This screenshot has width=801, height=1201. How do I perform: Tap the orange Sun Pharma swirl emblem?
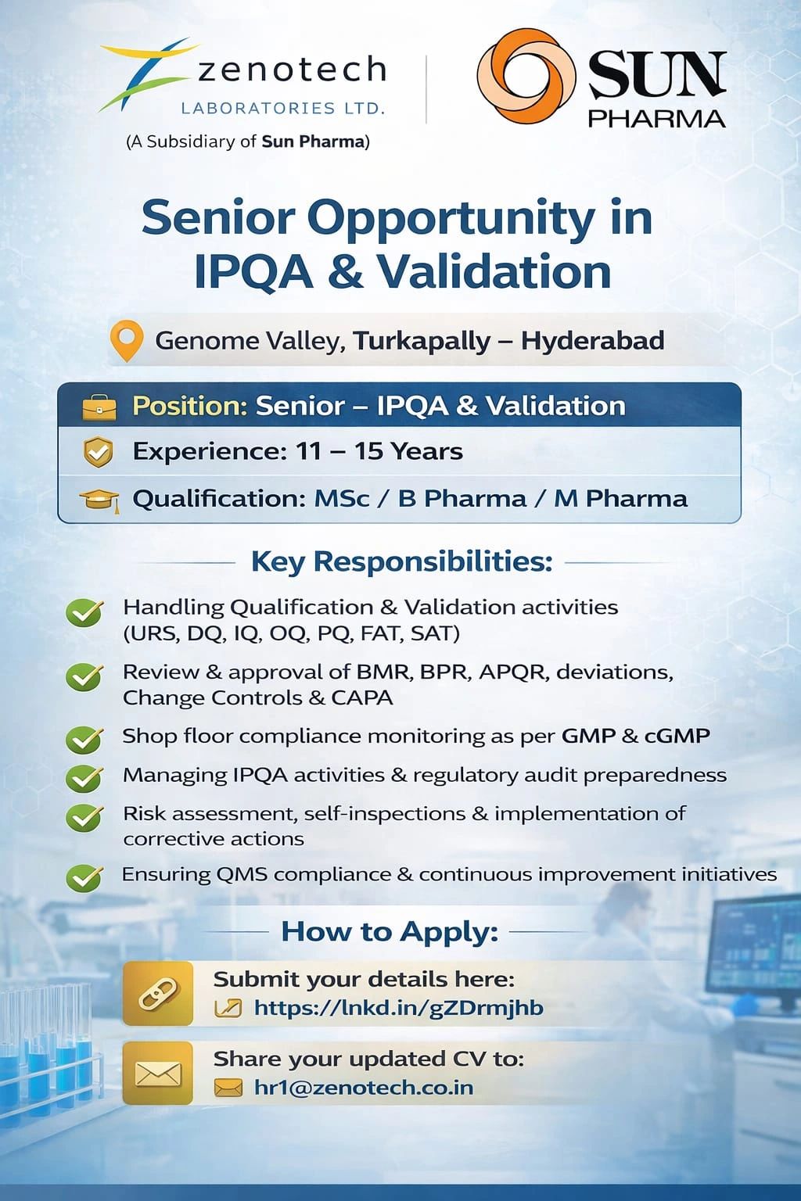(526, 76)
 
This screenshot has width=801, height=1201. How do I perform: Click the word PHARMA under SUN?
(657, 119)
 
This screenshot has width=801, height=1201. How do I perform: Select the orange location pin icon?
(126, 341)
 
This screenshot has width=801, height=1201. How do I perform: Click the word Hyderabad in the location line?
(593, 340)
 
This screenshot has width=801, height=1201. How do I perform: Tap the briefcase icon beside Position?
(99, 407)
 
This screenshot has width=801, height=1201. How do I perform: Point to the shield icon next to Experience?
(99, 451)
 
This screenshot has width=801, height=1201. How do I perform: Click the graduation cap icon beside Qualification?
(100, 500)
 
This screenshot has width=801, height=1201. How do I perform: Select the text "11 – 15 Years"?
(379, 451)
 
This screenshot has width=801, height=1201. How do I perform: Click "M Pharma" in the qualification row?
(620, 499)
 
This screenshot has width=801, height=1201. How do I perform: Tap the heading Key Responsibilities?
(402, 562)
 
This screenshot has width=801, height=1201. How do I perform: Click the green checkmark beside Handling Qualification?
(84, 612)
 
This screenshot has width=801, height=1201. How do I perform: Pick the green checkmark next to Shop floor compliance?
(84, 740)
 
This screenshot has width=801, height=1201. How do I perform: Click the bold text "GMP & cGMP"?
(636, 736)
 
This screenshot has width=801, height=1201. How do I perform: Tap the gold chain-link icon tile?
(158, 994)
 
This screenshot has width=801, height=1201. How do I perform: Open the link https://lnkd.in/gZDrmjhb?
(399, 1008)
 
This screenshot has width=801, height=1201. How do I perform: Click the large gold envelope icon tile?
(158, 1074)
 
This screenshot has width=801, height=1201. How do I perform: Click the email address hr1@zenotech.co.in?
(364, 1088)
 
